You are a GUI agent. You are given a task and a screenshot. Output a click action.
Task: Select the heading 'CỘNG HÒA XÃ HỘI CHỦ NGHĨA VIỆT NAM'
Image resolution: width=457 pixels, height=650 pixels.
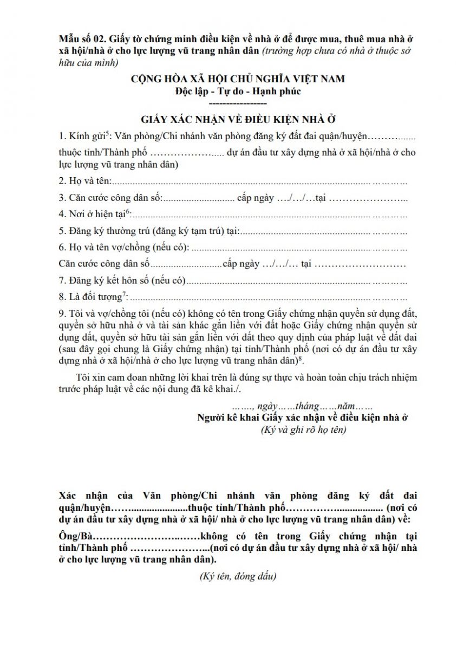click(238, 79)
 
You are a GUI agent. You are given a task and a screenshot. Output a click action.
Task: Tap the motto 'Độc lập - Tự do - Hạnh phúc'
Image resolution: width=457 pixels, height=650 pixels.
click(238, 91)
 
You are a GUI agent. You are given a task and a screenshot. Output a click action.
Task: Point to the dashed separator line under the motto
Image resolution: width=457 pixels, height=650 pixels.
click(238, 103)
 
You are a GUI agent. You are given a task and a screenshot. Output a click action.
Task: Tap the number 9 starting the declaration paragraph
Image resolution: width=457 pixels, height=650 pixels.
click(62, 314)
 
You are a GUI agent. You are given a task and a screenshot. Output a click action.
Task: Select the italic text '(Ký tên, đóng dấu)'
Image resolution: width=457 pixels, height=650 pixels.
click(238, 576)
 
